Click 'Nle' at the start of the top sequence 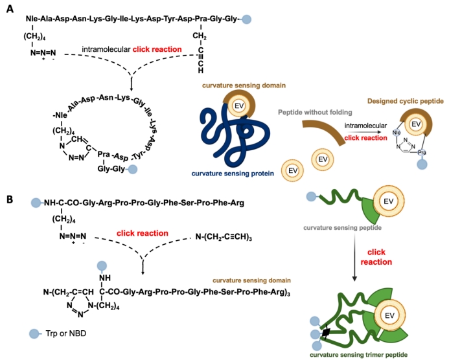(x=33, y=19)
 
